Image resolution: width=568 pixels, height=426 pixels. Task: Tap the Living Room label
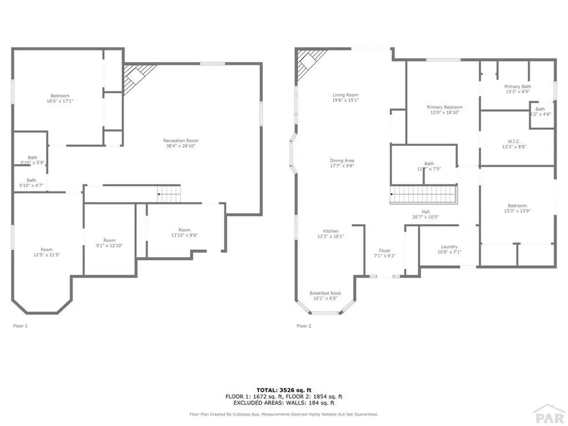(346, 95)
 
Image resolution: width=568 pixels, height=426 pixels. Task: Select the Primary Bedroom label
(444, 107)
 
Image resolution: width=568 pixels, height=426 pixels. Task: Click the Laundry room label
(449, 247)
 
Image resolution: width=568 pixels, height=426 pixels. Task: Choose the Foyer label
(385, 251)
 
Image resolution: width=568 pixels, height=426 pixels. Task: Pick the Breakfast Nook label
(325, 293)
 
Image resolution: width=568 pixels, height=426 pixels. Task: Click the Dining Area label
(342, 160)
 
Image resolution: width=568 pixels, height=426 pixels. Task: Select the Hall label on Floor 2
(425, 211)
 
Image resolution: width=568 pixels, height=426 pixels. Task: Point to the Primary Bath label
(518, 87)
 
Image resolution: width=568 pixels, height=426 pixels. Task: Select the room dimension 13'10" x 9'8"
(184, 235)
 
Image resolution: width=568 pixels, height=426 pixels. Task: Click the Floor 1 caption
(20, 326)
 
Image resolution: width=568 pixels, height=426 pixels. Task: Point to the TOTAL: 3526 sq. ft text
(283, 389)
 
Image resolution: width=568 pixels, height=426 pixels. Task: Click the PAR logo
(548, 413)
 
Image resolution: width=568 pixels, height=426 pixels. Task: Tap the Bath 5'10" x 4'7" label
(32, 182)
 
